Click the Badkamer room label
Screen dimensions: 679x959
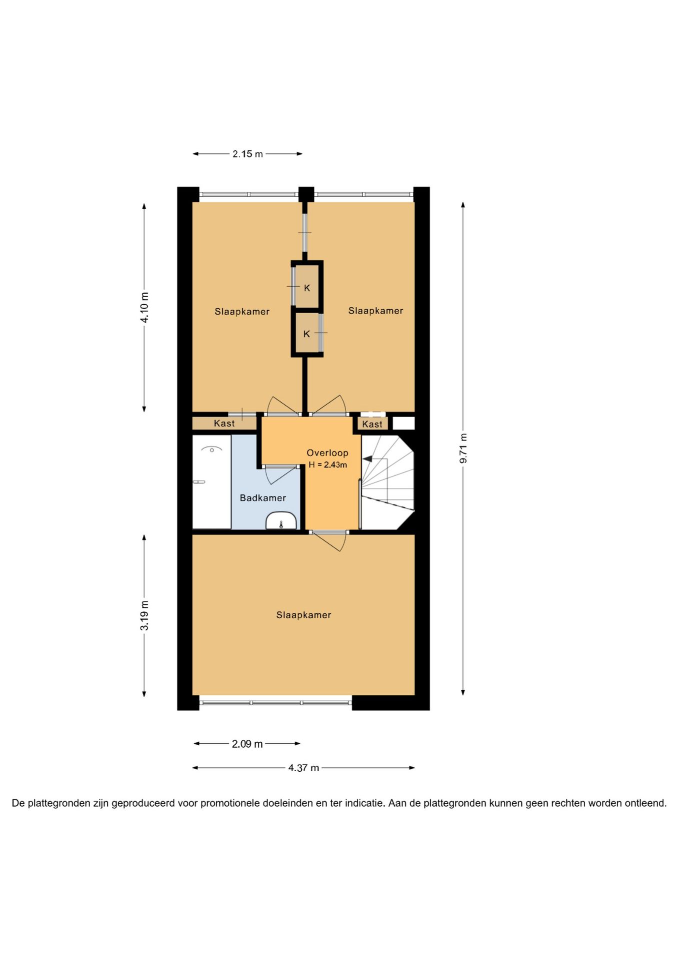pos(263,498)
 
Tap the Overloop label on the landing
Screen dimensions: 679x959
pos(327,453)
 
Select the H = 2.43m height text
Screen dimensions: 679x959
pos(327,465)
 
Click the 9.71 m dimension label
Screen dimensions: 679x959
pos(463,448)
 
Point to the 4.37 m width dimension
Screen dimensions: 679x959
pos(303,768)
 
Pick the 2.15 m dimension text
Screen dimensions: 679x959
pos(247,154)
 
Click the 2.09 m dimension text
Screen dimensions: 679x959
pos(247,744)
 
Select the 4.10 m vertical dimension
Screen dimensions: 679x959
pos(144,307)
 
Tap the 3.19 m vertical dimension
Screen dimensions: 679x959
pos(144,615)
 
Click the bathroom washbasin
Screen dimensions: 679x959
pos(281,520)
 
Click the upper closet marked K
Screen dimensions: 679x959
pos(307,287)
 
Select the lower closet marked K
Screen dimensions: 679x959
pos(307,333)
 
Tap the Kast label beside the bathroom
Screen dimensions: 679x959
pos(224,424)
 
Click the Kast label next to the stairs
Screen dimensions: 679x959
pos(372,424)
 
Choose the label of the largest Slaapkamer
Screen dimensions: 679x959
pos(303,615)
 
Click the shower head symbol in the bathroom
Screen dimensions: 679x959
pos(211,450)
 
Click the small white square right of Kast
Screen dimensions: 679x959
pos(403,423)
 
